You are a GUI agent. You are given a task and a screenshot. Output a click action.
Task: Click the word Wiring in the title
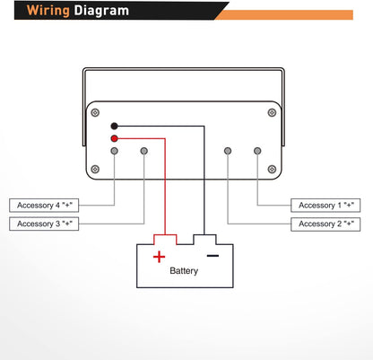coord(48,11)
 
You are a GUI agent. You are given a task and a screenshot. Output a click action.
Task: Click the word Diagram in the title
coord(101,10)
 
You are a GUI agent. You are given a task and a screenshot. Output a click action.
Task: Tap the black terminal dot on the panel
coord(114,126)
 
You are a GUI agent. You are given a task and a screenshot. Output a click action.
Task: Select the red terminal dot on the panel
coord(114,138)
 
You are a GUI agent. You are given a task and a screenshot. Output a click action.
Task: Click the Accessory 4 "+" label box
coord(44,206)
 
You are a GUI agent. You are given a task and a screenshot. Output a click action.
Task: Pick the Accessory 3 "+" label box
coord(44,224)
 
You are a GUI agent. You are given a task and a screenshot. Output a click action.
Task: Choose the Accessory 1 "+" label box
coord(325,206)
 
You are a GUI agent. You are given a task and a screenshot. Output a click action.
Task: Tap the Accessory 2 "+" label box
coord(325,224)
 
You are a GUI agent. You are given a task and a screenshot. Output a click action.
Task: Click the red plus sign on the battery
coord(159,257)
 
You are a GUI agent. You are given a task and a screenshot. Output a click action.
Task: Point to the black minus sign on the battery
coord(213,256)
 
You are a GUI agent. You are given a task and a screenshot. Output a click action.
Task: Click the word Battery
coord(184,271)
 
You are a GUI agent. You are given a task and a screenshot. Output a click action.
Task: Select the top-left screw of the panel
coord(95,112)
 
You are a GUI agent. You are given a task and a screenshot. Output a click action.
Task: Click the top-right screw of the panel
coord(272,112)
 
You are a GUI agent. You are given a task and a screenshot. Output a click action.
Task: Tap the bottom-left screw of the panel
coord(95,169)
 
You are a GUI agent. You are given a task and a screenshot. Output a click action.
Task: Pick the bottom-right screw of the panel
coord(272,169)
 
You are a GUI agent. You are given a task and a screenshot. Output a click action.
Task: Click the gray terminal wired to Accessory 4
coord(114,151)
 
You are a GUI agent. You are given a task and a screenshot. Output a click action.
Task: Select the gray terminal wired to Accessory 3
coord(144,151)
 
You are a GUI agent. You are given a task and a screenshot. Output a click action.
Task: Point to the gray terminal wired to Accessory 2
coord(228,151)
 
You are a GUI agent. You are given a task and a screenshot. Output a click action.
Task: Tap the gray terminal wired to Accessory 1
coord(257,151)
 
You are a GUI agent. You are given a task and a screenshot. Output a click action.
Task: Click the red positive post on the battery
coord(165,240)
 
